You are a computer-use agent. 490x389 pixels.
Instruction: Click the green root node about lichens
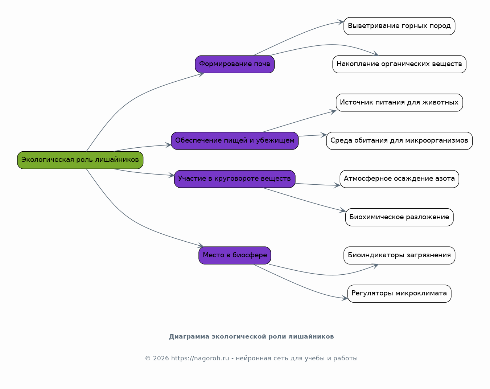[x=80, y=160]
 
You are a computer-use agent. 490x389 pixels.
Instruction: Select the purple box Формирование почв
[x=235, y=64]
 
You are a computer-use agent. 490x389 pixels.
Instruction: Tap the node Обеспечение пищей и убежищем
[x=235, y=140]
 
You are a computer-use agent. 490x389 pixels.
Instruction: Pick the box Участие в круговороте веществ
[x=235, y=179]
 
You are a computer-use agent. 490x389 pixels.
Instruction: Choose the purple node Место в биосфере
[x=235, y=255]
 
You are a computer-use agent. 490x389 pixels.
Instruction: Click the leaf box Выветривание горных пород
[x=399, y=26]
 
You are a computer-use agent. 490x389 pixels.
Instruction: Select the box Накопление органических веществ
[x=399, y=64]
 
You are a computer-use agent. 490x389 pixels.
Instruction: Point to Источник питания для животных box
[x=399, y=103]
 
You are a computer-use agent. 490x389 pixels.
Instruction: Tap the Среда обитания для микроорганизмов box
[x=399, y=140]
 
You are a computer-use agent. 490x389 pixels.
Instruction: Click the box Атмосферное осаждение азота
[x=399, y=179]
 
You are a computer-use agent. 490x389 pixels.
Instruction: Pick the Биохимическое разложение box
[x=399, y=217]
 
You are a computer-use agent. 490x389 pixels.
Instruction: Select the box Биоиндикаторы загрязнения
[x=399, y=255]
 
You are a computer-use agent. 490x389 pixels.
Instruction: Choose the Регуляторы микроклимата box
[x=399, y=294]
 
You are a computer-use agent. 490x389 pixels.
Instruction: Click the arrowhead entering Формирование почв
[x=201, y=74]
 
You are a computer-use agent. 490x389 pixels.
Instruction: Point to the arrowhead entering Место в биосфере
[x=201, y=245]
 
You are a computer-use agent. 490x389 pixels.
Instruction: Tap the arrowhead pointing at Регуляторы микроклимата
[x=345, y=298]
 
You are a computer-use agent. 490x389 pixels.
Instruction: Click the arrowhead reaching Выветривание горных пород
[x=341, y=22]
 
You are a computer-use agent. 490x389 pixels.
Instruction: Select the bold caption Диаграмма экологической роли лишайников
[x=251, y=337]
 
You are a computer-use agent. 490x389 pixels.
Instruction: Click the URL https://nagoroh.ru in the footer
[x=200, y=359]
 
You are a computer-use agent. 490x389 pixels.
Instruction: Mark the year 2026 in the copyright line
[x=161, y=359]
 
